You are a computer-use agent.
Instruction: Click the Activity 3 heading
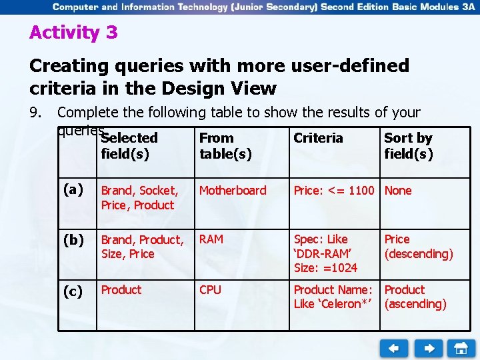(73, 33)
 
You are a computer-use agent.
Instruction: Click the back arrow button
(394, 348)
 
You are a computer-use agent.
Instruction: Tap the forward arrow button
(428, 348)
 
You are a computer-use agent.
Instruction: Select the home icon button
(461, 348)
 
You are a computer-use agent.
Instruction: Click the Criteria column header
(318, 138)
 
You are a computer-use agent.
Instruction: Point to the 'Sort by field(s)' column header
(408, 146)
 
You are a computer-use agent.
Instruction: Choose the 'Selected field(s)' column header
(129, 146)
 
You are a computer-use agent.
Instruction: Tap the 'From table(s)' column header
(225, 146)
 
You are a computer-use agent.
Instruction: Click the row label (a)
(73, 190)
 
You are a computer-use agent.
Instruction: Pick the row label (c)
(73, 291)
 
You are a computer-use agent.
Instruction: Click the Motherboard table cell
(233, 191)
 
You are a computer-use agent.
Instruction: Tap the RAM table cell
(211, 239)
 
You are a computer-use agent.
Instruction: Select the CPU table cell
(210, 290)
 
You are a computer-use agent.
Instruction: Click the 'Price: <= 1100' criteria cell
(334, 191)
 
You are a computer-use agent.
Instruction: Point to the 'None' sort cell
(398, 191)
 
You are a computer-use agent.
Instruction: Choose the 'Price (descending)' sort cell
(418, 247)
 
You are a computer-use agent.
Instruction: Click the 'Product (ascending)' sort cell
(415, 297)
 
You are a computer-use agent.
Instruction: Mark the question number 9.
(37, 113)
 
